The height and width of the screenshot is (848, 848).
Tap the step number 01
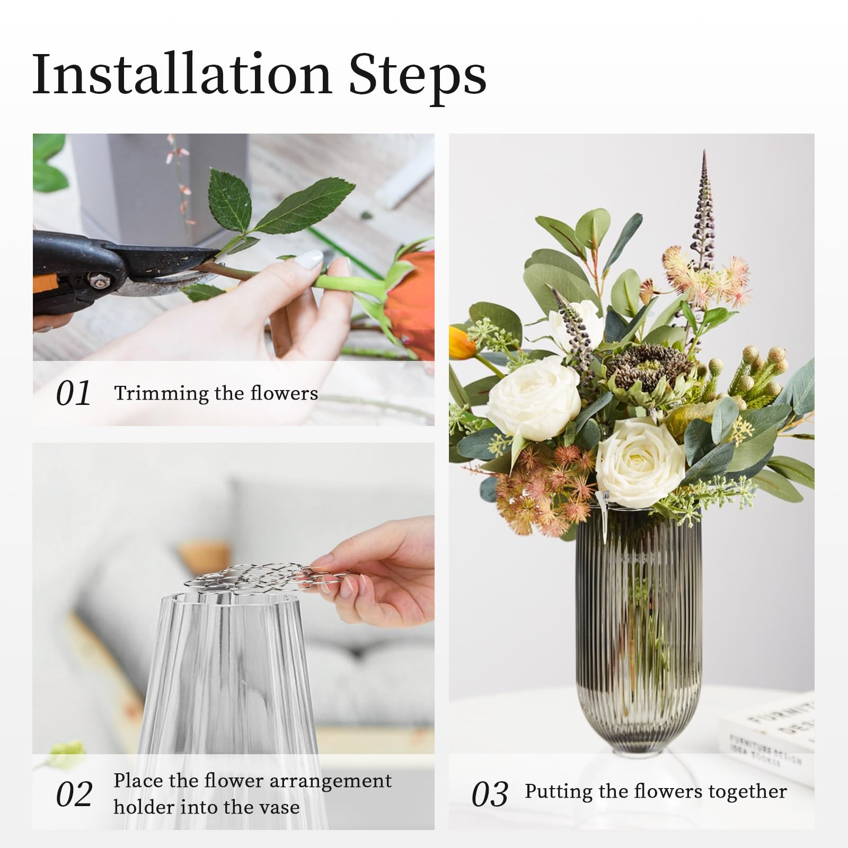[x=73, y=394]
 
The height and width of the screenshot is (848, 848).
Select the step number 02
[x=74, y=794]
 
